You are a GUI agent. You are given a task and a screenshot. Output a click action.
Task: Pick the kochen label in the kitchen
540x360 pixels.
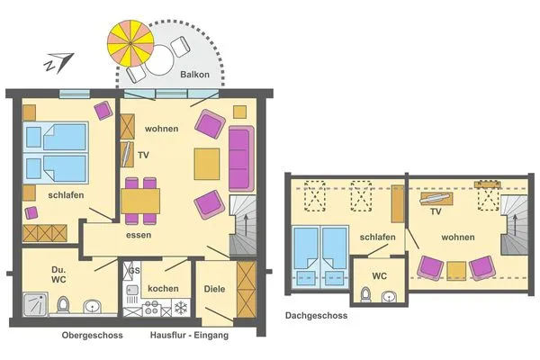coord(163,288)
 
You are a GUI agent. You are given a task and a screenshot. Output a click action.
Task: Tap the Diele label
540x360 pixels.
coord(214,289)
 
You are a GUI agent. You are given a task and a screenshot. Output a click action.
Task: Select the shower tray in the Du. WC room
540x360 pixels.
coord(35,304)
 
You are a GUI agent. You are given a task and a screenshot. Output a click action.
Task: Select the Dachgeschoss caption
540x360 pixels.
coord(316,316)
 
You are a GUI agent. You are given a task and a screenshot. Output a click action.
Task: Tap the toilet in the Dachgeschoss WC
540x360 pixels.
coord(364,294)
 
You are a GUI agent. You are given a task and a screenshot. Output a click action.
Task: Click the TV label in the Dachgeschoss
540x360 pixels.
coord(435,213)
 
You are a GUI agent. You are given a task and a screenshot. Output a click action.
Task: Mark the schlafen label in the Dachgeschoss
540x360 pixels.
coord(376,237)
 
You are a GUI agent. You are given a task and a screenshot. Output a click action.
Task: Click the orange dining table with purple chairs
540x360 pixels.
coord(140,199)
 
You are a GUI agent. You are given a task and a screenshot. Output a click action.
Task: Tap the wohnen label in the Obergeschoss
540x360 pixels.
coord(162,129)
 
